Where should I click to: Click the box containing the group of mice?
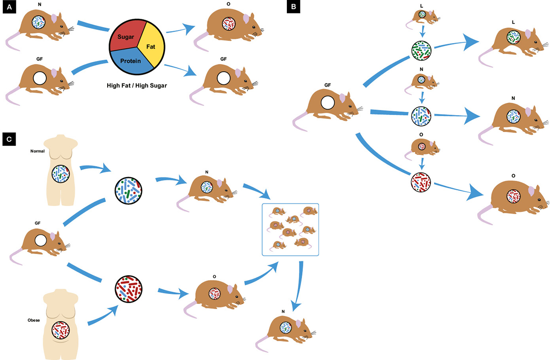tap(290, 229)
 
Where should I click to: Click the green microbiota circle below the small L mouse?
tap(421, 50)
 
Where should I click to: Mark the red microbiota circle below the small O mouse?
tap(421, 182)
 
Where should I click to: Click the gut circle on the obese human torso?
tap(61, 330)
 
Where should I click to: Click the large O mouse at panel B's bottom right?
tap(513, 197)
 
